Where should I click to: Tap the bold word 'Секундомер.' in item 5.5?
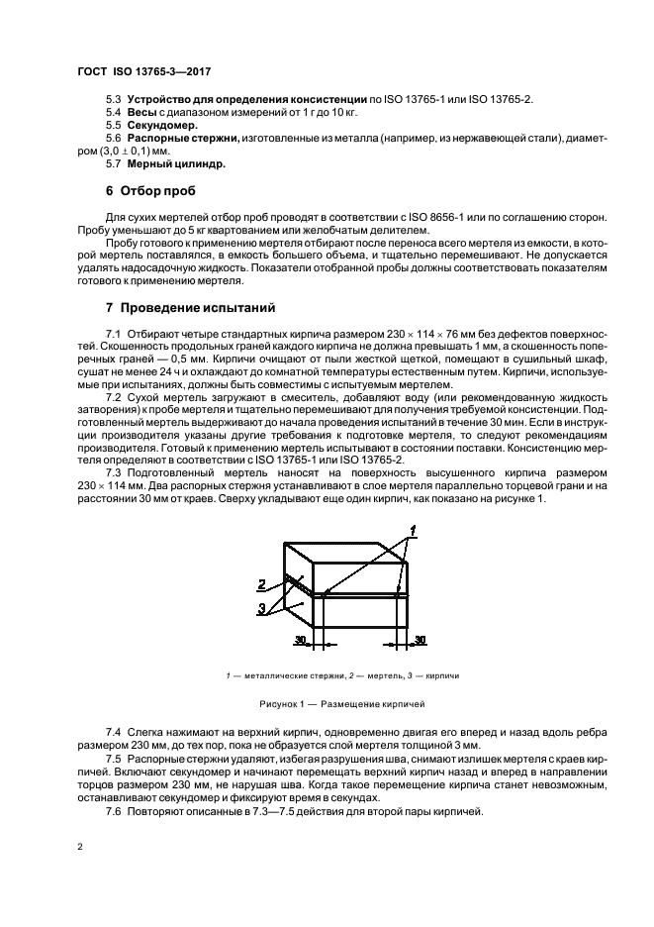(x=157, y=126)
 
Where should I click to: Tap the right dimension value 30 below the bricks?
(x=420, y=641)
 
